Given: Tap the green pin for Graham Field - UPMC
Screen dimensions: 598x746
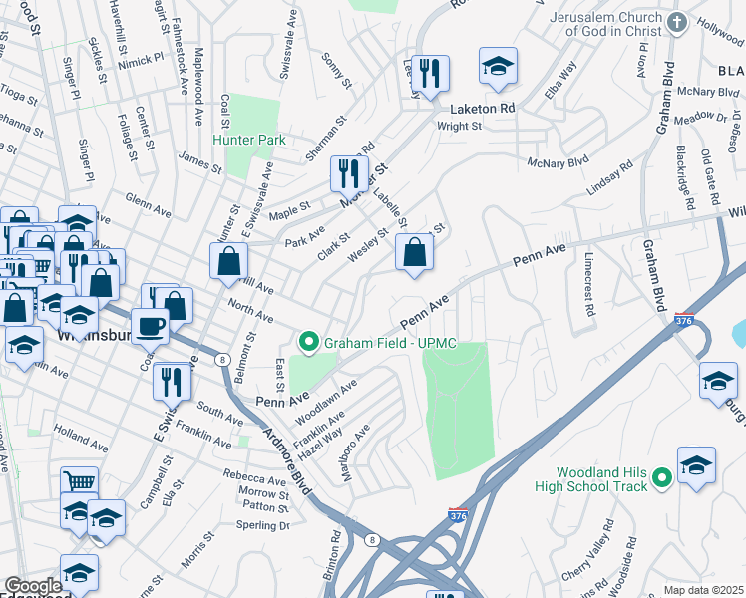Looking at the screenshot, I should [x=309, y=343].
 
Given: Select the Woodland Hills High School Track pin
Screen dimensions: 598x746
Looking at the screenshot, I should [x=659, y=481].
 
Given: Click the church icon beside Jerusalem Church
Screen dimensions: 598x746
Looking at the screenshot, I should [x=678, y=23].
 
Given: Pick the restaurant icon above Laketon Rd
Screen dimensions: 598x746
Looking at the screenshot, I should [x=430, y=73].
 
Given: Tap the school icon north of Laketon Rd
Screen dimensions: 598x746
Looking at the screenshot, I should [x=498, y=66].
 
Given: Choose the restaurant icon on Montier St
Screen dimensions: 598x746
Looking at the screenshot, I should [x=349, y=174].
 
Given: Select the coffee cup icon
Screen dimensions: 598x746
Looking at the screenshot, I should [x=151, y=325].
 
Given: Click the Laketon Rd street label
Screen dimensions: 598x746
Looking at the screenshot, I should [x=482, y=108].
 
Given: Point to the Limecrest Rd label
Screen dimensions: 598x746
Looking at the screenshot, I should [x=585, y=288].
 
